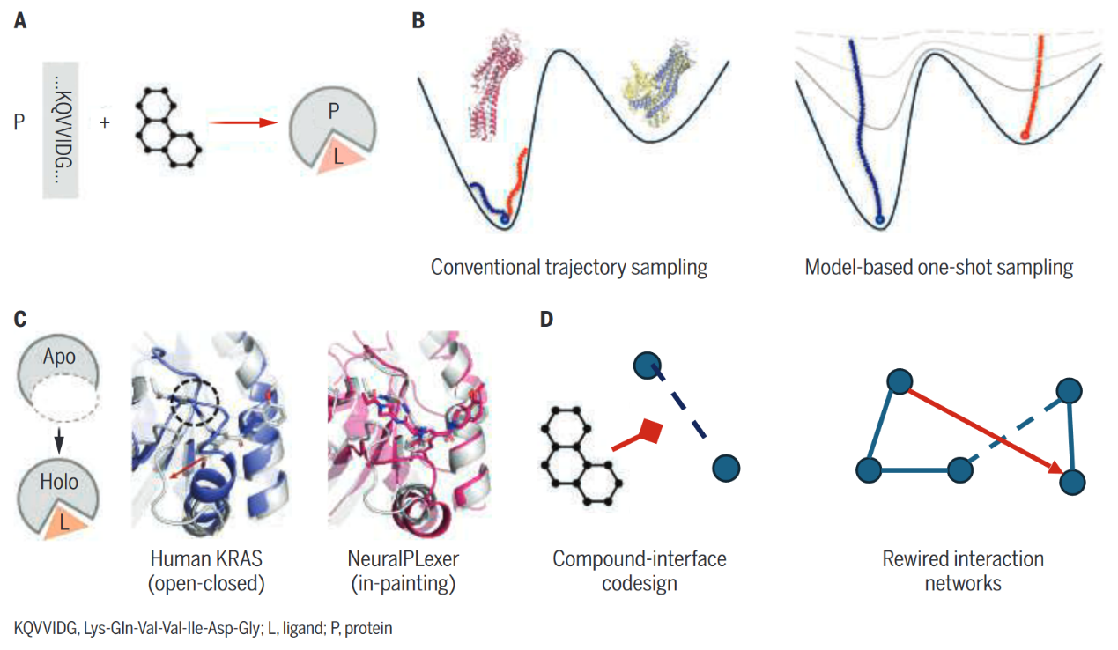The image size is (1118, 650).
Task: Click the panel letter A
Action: pyautogui.click(x=20, y=21)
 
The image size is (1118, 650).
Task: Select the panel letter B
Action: pyautogui.click(x=418, y=21)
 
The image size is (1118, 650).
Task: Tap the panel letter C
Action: pyautogui.click(x=20, y=318)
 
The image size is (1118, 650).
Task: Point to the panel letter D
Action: pyautogui.click(x=546, y=318)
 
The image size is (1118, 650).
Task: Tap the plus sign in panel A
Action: pyautogui.click(x=105, y=122)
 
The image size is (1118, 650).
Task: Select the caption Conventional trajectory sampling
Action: pyautogui.click(x=568, y=267)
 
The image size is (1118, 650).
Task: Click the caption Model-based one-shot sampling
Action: pyautogui.click(x=938, y=267)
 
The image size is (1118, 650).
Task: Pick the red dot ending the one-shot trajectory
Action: pyautogui.click(x=1025, y=135)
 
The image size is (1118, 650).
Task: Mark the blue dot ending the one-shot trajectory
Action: pyautogui.click(x=879, y=220)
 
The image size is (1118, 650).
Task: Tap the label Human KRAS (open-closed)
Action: pyautogui.click(x=208, y=570)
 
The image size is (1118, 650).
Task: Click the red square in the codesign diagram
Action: pyautogui.click(x=650, y=431)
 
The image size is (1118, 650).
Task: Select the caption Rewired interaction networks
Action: pyautogui.click(x=963, y=570)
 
